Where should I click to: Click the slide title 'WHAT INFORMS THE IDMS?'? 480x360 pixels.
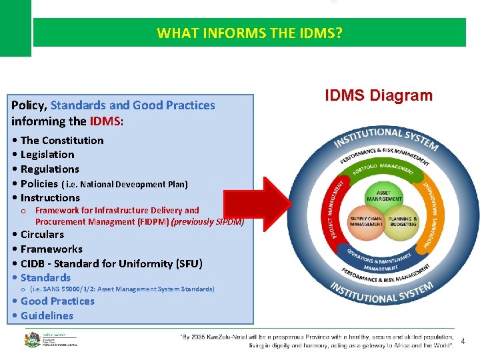(249, 33)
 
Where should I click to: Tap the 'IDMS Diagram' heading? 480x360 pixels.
(379, 95)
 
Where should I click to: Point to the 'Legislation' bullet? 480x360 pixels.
(47, 155)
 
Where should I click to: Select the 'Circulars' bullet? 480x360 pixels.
(42, 235)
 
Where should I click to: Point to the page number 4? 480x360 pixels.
(463, 342)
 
